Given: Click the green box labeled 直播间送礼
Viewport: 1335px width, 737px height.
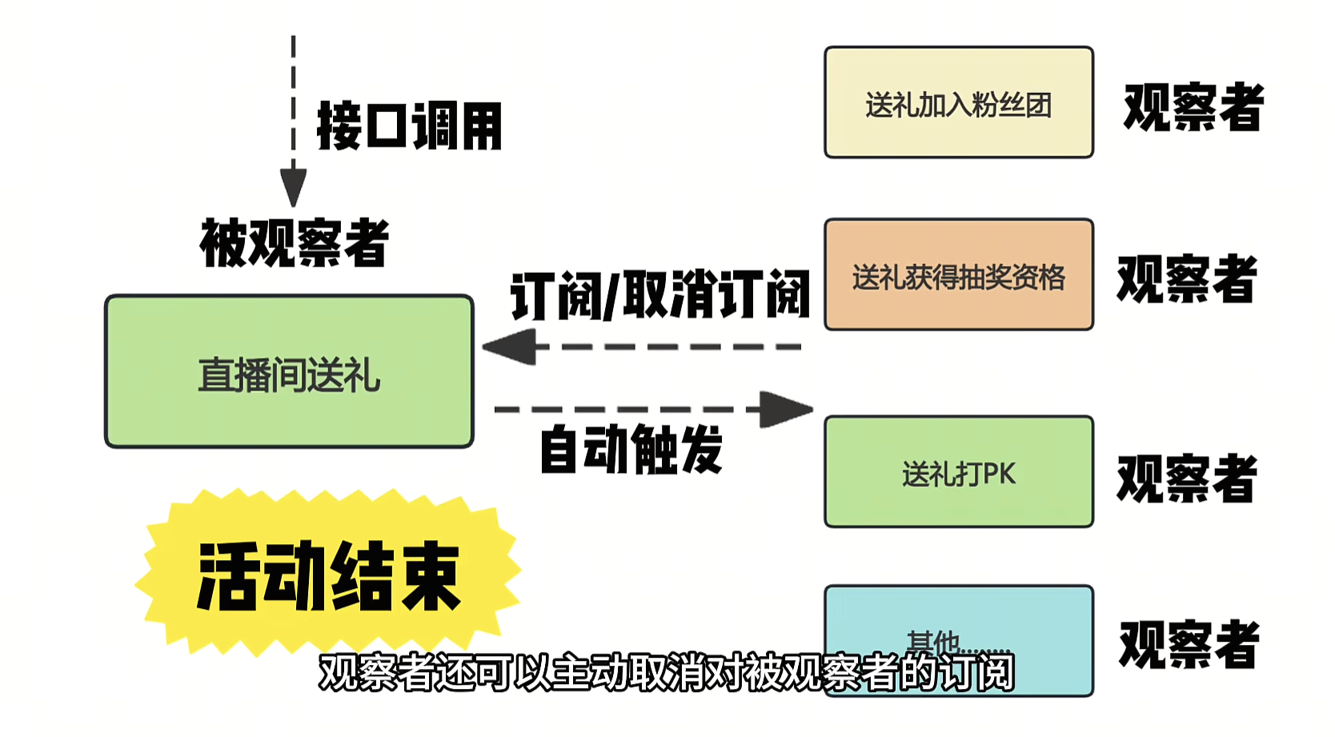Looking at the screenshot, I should point(289,371).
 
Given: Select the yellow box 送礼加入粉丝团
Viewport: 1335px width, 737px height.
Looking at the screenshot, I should point(958,102).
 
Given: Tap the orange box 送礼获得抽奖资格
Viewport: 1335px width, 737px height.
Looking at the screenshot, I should point(958,274).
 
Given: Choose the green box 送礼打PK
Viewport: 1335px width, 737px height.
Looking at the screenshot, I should point(958,471).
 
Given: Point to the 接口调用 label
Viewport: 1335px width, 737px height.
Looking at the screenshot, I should point(409,126).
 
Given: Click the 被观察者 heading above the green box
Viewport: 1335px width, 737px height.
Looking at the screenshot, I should point(295,242).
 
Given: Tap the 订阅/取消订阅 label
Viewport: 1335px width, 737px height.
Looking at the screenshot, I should point(660,294).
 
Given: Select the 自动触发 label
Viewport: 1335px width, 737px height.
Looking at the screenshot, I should point(631,449).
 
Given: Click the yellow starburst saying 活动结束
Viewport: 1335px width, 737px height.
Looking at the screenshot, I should point(328,575).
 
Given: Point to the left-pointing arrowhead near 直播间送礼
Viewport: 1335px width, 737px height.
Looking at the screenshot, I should point(510,347).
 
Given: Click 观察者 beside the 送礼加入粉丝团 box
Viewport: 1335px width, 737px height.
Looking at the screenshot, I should point(1193,107).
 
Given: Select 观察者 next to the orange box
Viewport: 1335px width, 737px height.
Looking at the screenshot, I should point(1187,279).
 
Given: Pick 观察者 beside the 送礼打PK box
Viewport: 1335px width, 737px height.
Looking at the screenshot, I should point(1187,479).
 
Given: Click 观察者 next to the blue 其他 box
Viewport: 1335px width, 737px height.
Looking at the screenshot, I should point(1189,644).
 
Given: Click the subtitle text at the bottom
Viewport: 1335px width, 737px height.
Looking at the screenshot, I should point(666,672).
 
